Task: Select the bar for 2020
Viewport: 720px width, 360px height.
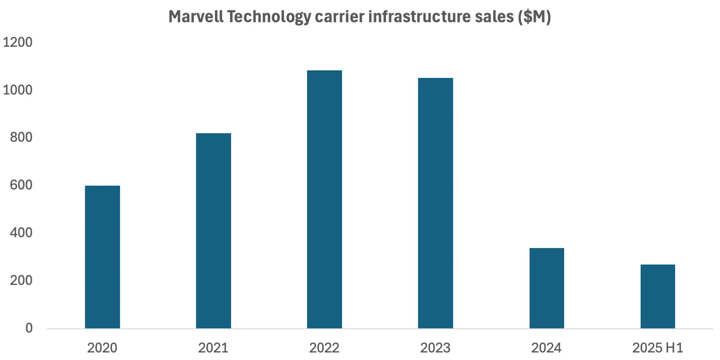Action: pos(102,257)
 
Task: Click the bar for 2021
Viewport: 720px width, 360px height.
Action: pos(213,231)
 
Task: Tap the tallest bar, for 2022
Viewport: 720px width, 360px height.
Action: pos(325,199)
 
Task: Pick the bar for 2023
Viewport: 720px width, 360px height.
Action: pos(435,203)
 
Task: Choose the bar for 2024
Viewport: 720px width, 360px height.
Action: pos(547,288)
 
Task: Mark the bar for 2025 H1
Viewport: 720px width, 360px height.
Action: pos(658,296)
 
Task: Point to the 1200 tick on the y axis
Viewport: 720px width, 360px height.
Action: pos(18,43)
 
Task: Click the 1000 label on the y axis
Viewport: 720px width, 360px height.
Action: pos(18,90)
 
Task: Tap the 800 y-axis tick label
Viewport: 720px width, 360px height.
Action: pos(21,138)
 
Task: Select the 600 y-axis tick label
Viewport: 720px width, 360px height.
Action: pos(21,186)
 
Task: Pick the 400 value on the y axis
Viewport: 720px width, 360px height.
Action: pos(21,233)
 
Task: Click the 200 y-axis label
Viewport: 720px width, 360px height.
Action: pos(21,281)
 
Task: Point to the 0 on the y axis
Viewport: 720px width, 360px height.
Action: pos(29,328)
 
